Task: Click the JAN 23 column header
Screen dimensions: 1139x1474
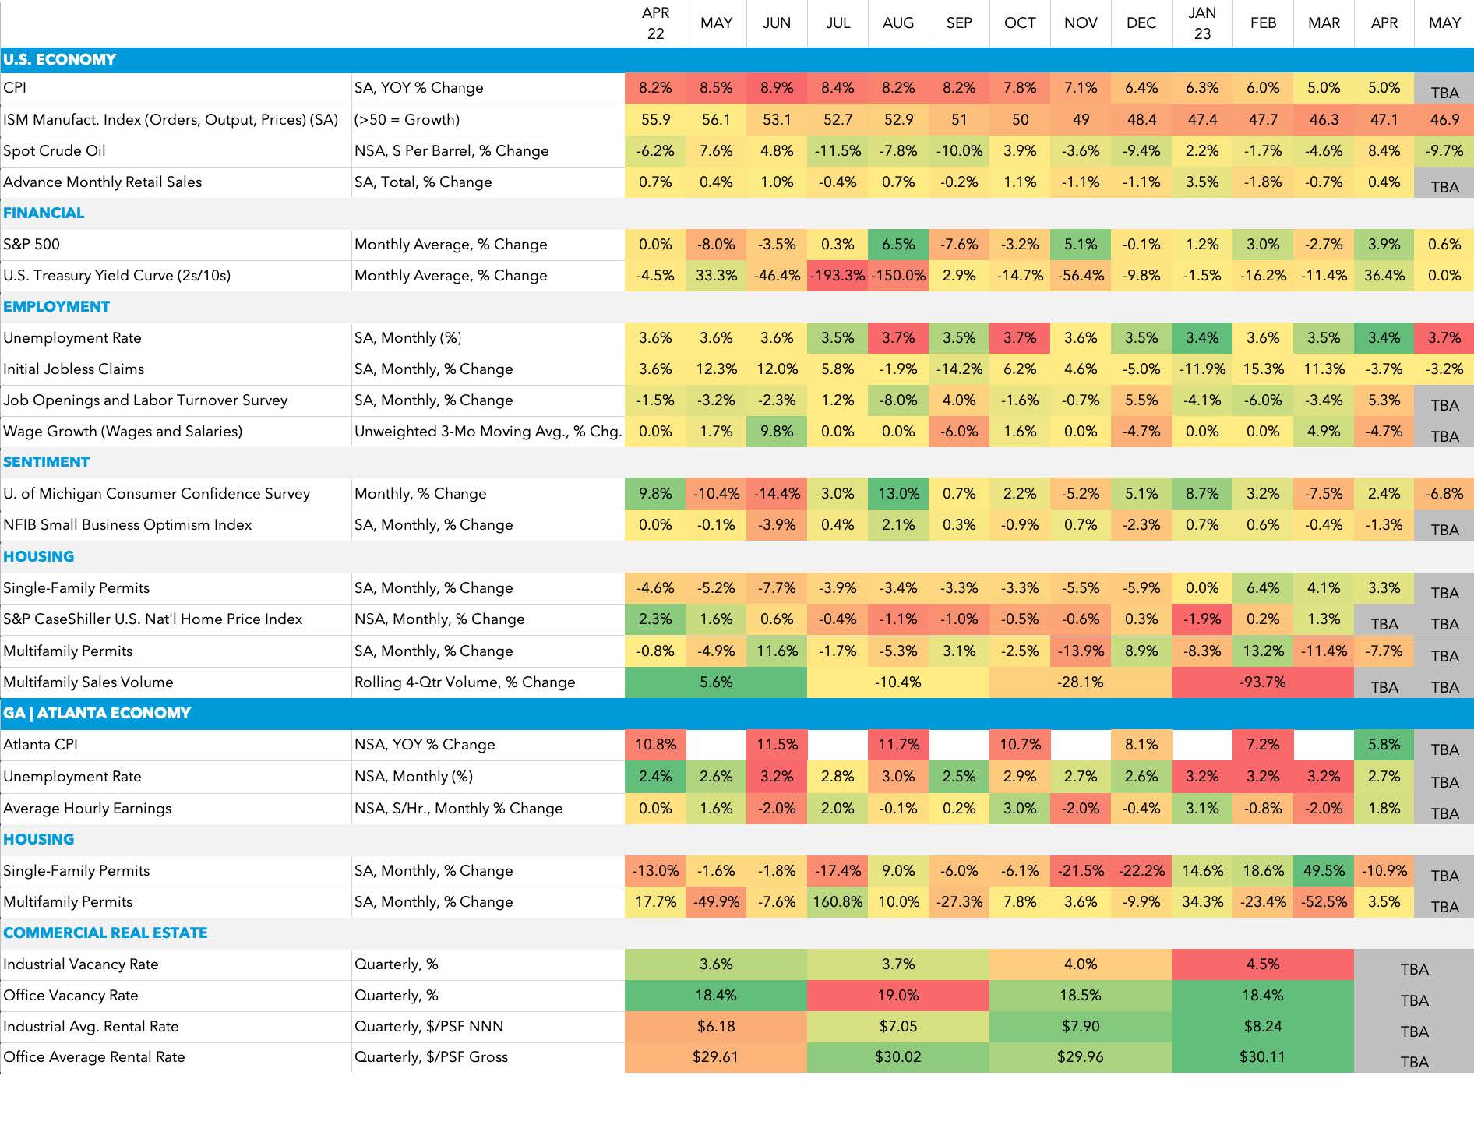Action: coord(1202,23)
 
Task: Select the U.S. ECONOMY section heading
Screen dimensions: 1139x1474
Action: coord(59,59)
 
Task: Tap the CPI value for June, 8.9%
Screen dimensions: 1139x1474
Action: coord(777,88)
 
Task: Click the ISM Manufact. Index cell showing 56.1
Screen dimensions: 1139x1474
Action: coord(716,119)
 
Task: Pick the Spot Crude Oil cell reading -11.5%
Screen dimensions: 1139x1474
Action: coord(837,150)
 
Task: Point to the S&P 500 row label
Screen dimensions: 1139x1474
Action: coord(32,244)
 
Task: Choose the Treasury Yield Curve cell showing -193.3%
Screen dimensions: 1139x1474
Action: coord(837,275)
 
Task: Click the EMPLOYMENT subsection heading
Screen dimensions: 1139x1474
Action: coord(56,306)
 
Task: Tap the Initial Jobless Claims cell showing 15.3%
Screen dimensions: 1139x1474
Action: coord(1263,368)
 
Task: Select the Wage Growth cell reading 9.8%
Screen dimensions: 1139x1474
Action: coord(777,431)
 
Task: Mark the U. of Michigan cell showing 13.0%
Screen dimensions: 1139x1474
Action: coord(898,493)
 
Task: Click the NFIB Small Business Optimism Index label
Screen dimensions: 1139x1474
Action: coord(128,524)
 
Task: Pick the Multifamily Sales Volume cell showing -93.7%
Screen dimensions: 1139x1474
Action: coord(1263,682)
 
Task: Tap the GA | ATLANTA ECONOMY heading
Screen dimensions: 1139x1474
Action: coord(97,713)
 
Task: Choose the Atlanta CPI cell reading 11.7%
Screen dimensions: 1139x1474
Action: coord(898,744)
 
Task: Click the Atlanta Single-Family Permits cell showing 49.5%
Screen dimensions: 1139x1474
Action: coord(1324,870)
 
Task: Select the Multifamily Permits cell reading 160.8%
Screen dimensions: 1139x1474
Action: coord(837,901)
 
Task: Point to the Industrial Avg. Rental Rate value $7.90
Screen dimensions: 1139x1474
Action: coord(1081,1026)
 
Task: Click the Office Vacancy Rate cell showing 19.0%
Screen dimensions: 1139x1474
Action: coord(898,995)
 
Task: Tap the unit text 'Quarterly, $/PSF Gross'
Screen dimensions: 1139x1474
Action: coord(431,1056)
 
